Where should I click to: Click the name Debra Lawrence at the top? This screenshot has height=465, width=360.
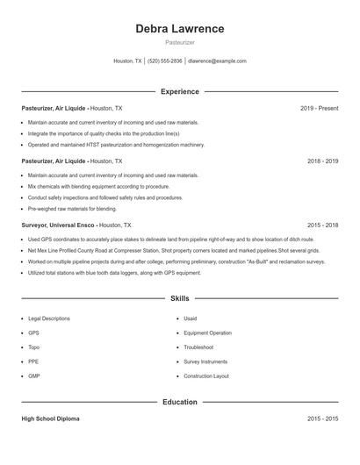click(x=179, y=29)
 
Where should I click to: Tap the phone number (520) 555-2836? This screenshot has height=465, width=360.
click(x=165, y=61)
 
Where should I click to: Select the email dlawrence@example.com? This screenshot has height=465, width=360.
click(x=217, y=61)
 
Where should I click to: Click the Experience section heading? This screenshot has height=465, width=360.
click(x=179, y=91)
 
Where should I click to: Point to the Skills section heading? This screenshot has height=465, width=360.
click(x=179, y=299)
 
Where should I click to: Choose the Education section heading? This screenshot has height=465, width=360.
click(x=179, y=402)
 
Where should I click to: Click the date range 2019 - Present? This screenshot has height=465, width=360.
click(x=319, y=108)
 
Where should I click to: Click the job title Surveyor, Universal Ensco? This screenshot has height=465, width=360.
click(x=58, y=225)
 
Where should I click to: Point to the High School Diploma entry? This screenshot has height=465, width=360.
click(x=50, y=419)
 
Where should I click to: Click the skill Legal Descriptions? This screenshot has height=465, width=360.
click(x=48, y=318)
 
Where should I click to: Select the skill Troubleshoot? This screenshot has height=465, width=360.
click(x=199, y=347)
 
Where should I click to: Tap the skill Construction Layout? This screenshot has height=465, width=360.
click(x=206, y=376)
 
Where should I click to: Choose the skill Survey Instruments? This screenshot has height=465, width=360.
click(x=205, y=361)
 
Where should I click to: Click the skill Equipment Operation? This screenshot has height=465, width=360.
click(x=207, y=333)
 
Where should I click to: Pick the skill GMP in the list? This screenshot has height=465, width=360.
click(x=34, y=376)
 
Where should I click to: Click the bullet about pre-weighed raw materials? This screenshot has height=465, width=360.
click(x=72, y=209)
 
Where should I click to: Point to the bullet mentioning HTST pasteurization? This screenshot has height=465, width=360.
click(x=116, y=145)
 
